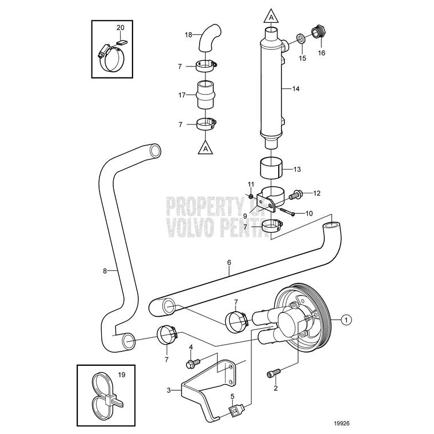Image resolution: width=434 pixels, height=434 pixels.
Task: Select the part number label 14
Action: (295, 89)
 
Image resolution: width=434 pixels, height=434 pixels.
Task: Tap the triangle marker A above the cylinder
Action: (272, 17)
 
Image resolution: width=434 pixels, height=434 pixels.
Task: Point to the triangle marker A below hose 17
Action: (206, 148)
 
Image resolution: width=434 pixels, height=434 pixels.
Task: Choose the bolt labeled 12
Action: (296, 195)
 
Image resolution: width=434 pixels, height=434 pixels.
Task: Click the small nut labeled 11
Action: (251, 196)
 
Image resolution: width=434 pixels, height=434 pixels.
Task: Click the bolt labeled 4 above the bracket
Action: (192, 362)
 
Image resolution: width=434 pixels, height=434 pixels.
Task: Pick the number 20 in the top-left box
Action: (120, 27)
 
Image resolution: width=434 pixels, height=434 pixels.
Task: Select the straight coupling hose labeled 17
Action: (205, 94)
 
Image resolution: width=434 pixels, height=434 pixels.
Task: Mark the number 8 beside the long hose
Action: (105, 271)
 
